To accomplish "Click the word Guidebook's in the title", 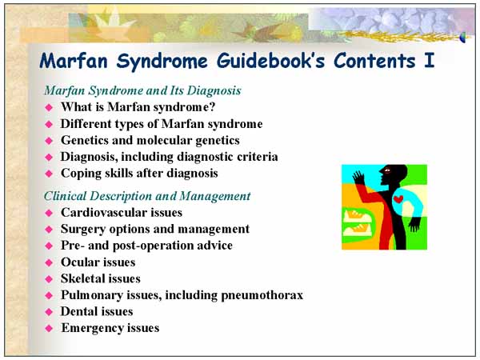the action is tap(270, 60).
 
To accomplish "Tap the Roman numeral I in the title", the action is tap(429, 60).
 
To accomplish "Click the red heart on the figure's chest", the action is tap(398, 199).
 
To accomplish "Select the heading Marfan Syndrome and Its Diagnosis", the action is tap(142, 90).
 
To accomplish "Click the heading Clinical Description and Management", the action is tap(147, 196).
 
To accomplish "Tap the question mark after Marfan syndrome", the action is tap(212, 107).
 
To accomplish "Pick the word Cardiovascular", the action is tap(104, 213).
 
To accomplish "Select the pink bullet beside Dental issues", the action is tap(49, 312).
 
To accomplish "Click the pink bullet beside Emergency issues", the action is tap(49, 329).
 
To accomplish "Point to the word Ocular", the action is tap(80, 262).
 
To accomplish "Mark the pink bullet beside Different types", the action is tap(49, 124).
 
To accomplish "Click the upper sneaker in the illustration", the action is tap(356, 215).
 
